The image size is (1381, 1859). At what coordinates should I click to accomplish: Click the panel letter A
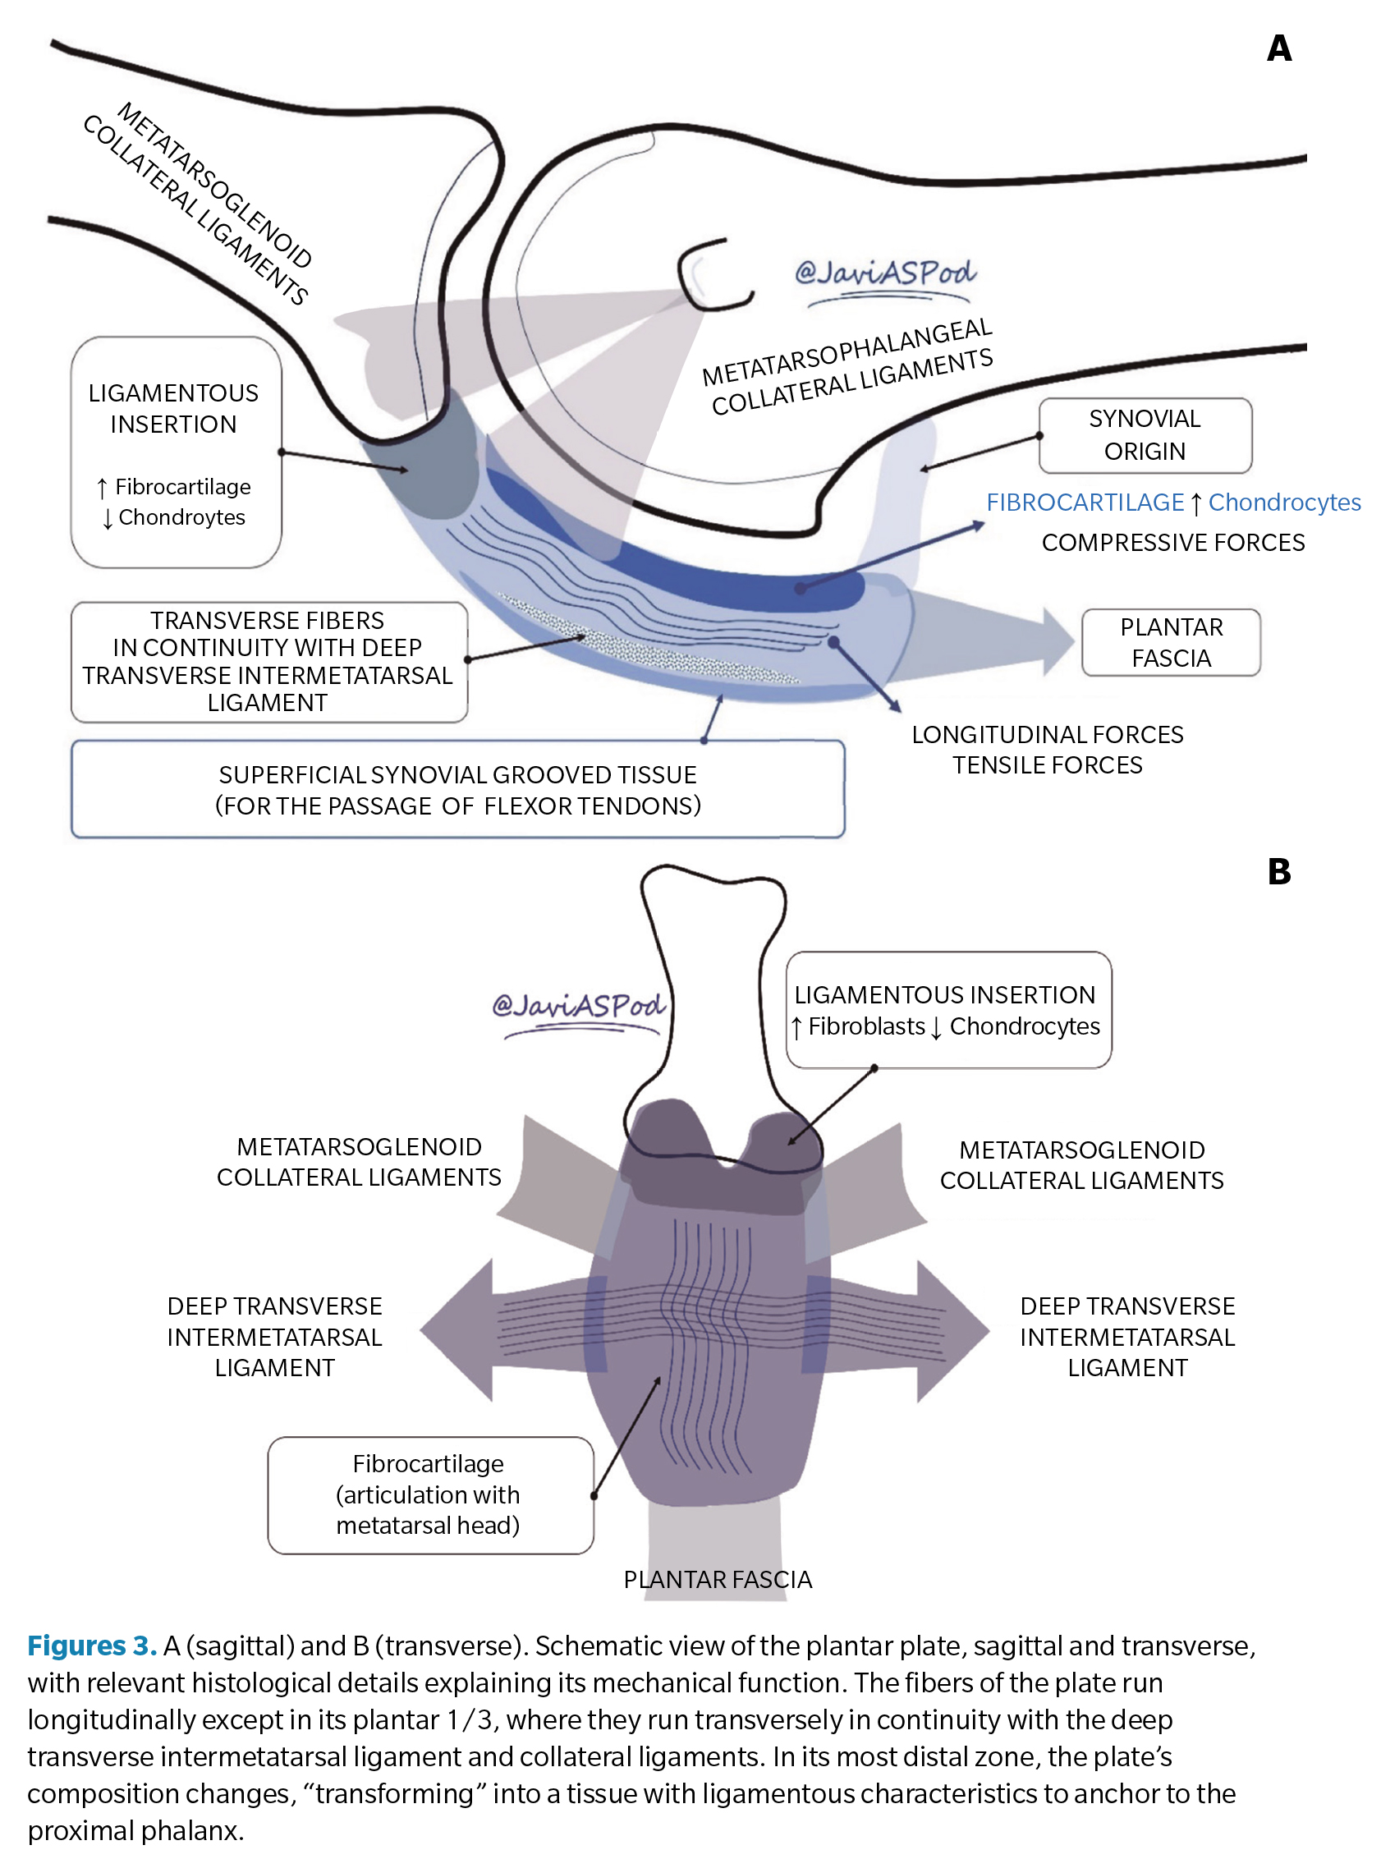[x=1278, y=48]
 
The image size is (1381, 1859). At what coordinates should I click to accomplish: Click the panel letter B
[x=1278, y=872]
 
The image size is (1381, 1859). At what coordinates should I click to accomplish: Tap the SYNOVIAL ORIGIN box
[x=1145, y=435]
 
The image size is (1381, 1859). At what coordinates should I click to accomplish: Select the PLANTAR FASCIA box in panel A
[x=1170, y=643]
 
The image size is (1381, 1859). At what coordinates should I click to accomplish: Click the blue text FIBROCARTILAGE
[x=1085, y=503]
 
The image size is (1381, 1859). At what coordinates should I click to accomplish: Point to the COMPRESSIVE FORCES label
[x=1172, y=543]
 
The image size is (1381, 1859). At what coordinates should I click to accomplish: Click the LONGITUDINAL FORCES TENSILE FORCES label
[x=1047, y=750]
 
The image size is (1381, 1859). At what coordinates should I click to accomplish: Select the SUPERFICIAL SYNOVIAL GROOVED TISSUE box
[x=457, y=789]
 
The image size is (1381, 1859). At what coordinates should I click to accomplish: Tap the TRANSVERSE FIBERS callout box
[x=268, y=661]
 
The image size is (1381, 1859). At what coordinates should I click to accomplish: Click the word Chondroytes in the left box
[x=181, y=517]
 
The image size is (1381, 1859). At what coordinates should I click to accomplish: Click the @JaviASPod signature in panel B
[x=579, y=1006]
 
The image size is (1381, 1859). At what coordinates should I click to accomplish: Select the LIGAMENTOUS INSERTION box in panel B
[x=948, y=1010]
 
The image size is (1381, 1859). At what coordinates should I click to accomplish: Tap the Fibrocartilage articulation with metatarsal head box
[x=429, y=1494]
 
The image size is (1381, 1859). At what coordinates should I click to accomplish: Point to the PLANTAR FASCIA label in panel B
[x=718, y=1580]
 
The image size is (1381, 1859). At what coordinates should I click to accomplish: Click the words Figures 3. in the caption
[x=92, y=1646]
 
